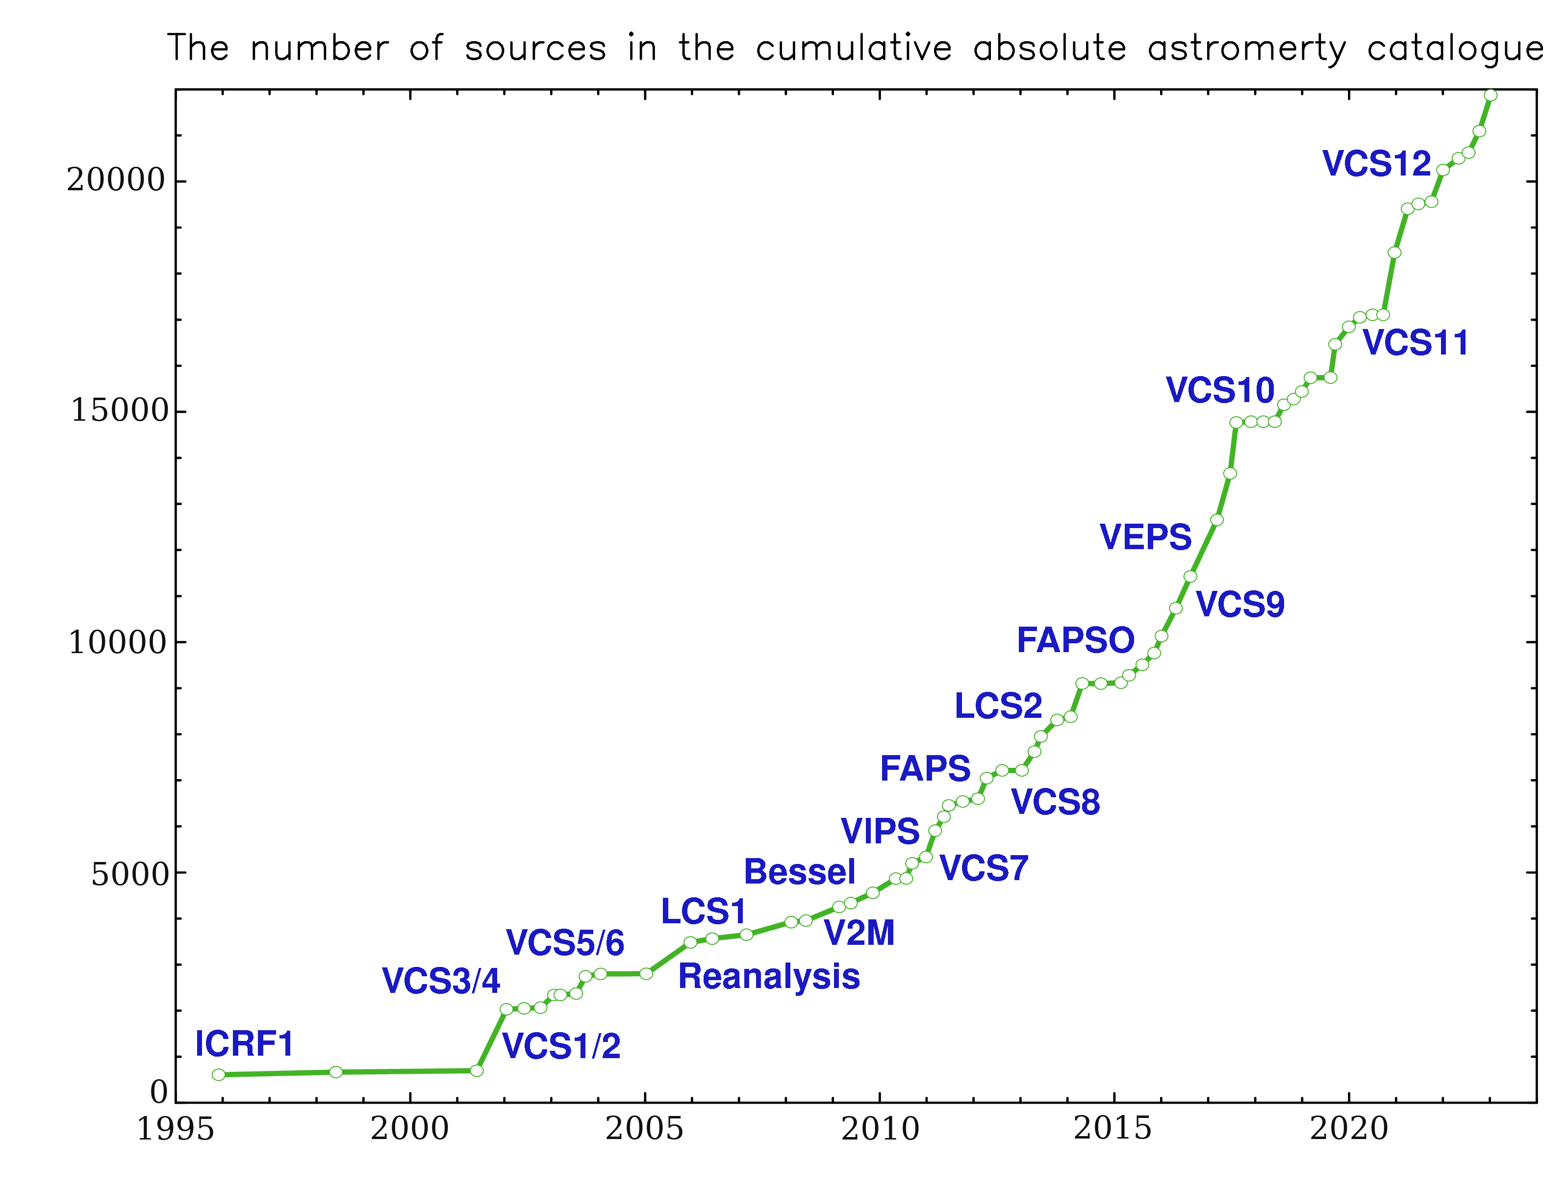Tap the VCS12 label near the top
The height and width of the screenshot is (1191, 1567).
point(1376,164)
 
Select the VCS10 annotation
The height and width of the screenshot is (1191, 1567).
point(1220,390)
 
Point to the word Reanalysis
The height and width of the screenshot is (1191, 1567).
point(769,977)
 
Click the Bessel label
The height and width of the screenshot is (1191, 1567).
point(800,872)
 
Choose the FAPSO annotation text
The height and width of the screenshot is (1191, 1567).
point(1075,641)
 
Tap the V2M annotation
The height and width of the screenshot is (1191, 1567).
point(859,934)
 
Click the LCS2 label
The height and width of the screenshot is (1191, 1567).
point(998,706)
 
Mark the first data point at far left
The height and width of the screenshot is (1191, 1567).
point(219,1075)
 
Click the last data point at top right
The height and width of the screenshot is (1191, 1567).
point(1491,96)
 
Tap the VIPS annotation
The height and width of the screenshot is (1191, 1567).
point(880,831)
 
